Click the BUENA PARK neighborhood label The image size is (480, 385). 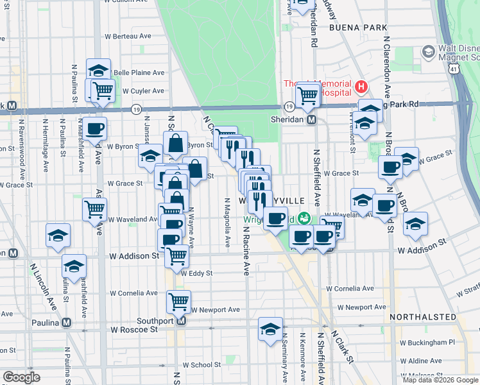[358, 28]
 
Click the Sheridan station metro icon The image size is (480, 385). [311, 120]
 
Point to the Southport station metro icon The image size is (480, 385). [181, 321]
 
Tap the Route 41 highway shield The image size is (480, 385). [454, 67]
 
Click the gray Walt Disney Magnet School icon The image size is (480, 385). [427, 51]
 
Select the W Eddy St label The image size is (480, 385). [196, 273]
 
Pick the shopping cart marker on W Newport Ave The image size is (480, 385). [178, 300]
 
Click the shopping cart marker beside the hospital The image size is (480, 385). [309, 95]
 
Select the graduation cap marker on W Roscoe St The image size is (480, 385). [270, 329]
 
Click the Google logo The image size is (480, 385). [21, 377]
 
